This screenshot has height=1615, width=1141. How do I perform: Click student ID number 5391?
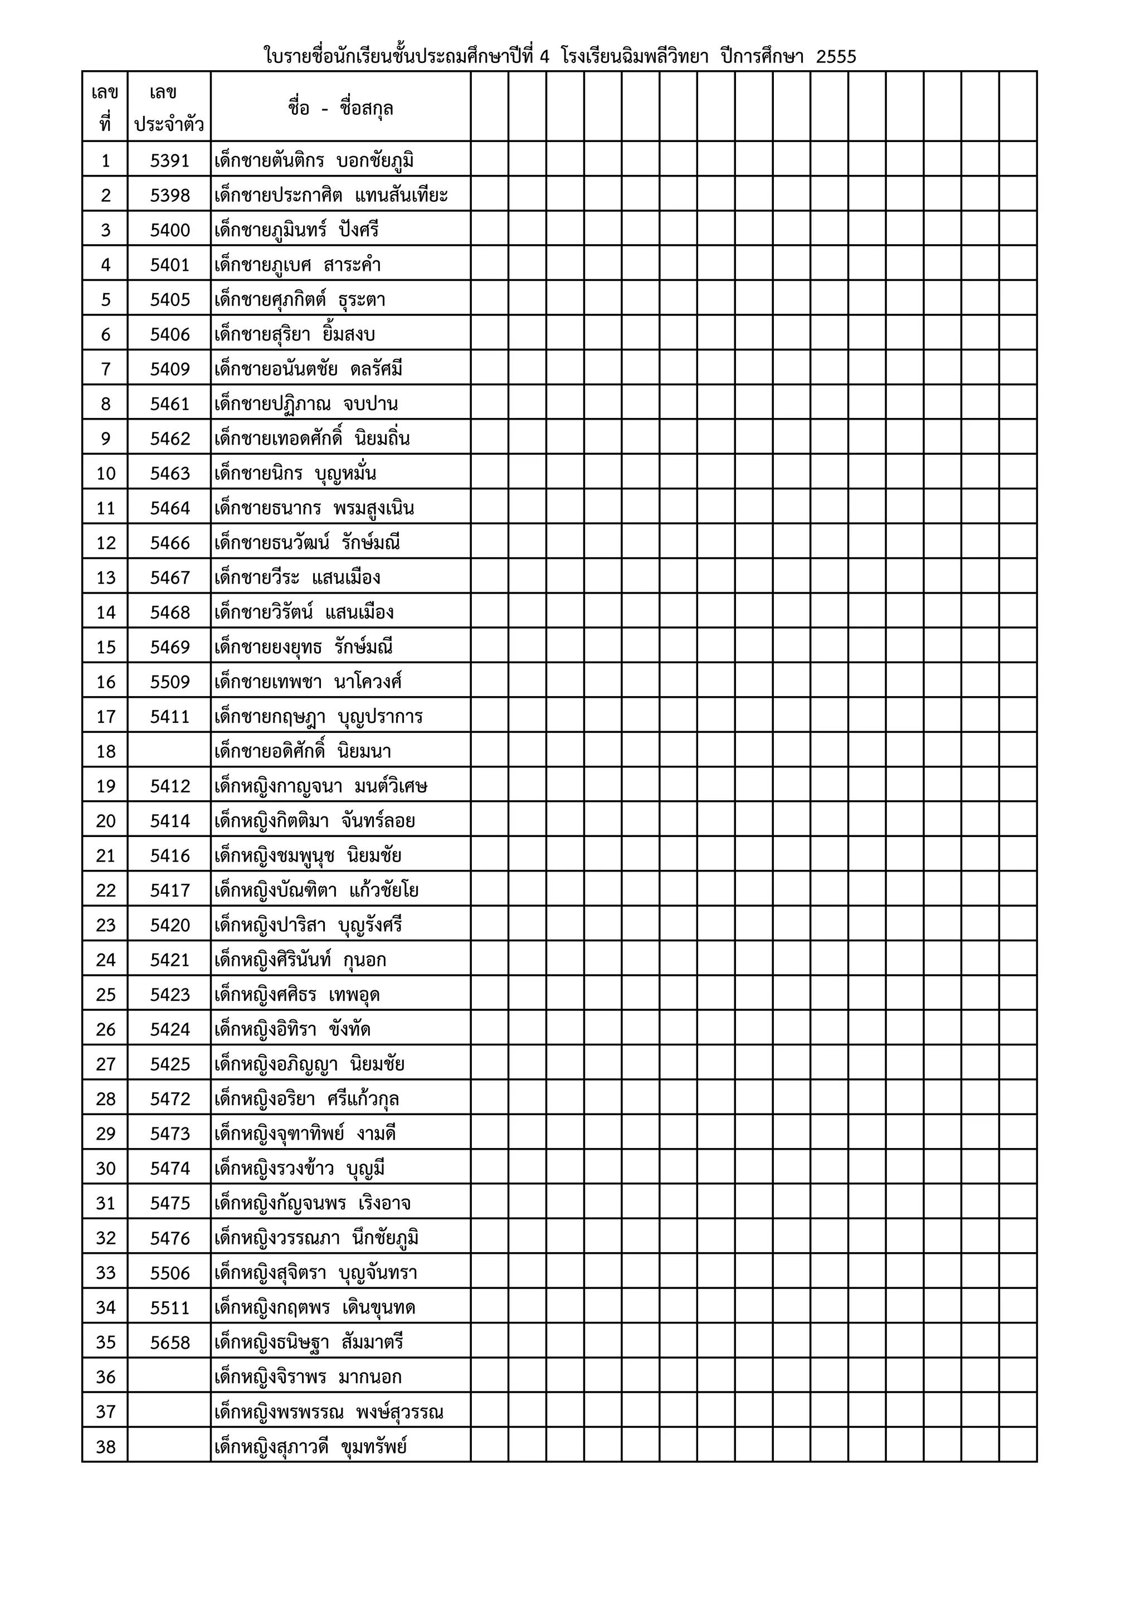(169, 161)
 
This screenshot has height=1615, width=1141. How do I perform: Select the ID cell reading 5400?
(169, 230)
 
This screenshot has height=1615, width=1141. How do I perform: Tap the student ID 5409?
(169, 369)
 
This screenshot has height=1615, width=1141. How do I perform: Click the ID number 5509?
(169, 682)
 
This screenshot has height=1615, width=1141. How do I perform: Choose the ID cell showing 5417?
(169, 891)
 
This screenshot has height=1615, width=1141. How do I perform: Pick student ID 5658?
(169, 1343)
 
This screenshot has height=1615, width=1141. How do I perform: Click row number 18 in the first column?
(105, 751)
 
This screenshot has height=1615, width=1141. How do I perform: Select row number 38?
(105, 1447)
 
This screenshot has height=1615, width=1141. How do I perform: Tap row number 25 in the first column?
(105, 995)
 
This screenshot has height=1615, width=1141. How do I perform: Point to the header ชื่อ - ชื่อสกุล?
(340, 108)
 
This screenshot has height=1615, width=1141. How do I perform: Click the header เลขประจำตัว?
(169, 108)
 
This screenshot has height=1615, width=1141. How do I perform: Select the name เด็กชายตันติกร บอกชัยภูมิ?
(314, 161)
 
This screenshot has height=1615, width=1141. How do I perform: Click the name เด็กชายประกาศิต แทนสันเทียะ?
(331, 196)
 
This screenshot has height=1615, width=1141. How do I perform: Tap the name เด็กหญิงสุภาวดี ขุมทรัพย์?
(311, 1447)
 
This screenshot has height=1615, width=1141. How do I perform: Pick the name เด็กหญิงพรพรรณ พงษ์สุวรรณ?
(328, 1412)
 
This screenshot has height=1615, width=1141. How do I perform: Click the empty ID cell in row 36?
(169, 1377)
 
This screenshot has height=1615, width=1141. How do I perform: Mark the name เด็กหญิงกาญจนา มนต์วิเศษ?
(320, 786)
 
